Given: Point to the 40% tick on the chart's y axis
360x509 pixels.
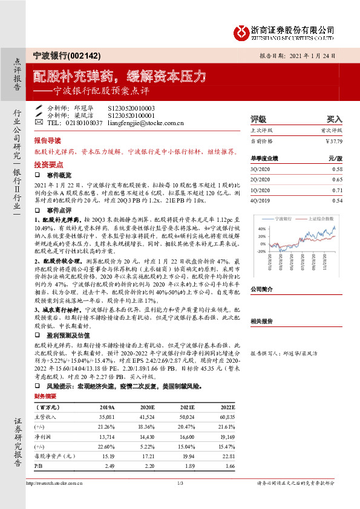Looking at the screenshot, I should click(x=261, y=229).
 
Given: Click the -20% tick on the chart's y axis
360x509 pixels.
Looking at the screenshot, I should click(x=261, y=250).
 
